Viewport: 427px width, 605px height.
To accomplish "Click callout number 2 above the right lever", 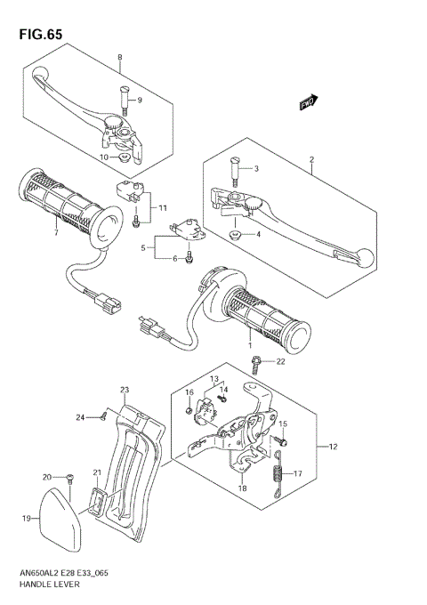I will click(311, 160).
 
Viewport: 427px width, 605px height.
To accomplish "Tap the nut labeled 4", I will click(237, 235).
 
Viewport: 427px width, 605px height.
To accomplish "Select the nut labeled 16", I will click(189, 410).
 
